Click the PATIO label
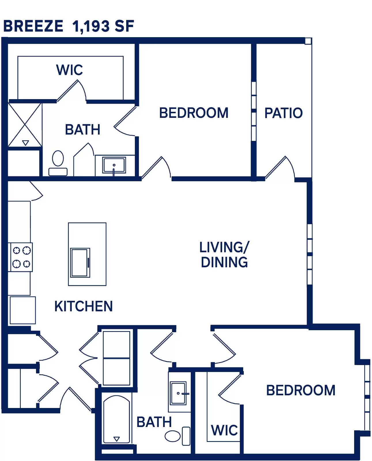tap(283, 113)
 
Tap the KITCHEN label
tap(84, 306)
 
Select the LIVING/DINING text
tap(224, 255)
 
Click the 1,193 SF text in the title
tap(103, 26)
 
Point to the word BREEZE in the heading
tap(33, 26)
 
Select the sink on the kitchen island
tap(80, 262)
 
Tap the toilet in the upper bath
tap(58, 163)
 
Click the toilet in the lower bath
tap(177, 436)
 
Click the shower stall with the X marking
tap(25, 125)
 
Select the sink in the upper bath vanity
tap(114, 165)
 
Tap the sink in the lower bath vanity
tap(178, 393)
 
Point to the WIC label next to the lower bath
tap(224, 430)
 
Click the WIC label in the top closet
tap(69, 70)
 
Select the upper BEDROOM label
tap(194, 113)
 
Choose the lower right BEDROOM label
tap(301, 390)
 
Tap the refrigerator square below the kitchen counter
tap(23, 310)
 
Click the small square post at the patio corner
tap(308, 41)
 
